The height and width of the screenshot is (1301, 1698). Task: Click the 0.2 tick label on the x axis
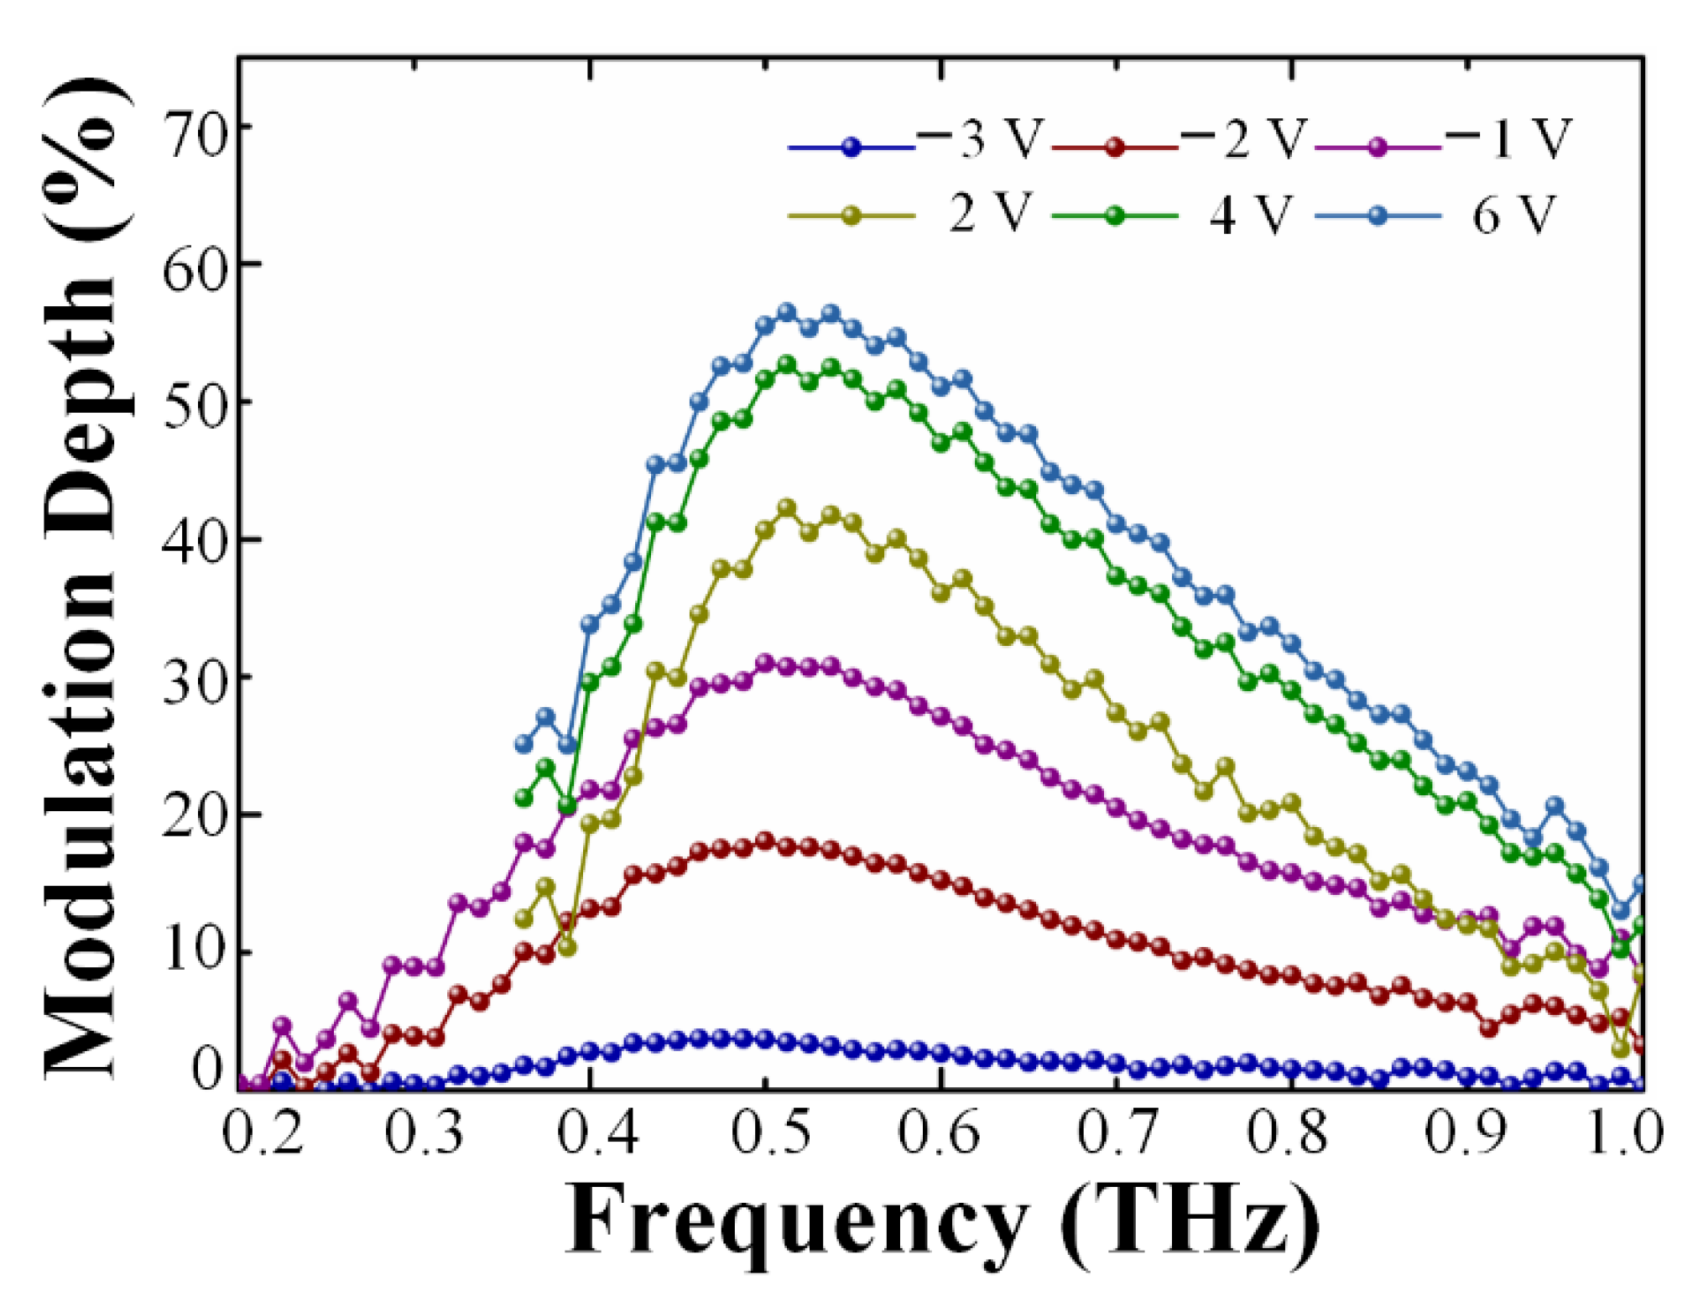262,1132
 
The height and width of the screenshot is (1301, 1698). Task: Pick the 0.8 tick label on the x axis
1287,1132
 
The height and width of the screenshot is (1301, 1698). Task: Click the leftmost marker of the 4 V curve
524,798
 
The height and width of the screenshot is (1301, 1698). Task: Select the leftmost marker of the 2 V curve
524,919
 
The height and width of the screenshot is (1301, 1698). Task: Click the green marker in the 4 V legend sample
1114,216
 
